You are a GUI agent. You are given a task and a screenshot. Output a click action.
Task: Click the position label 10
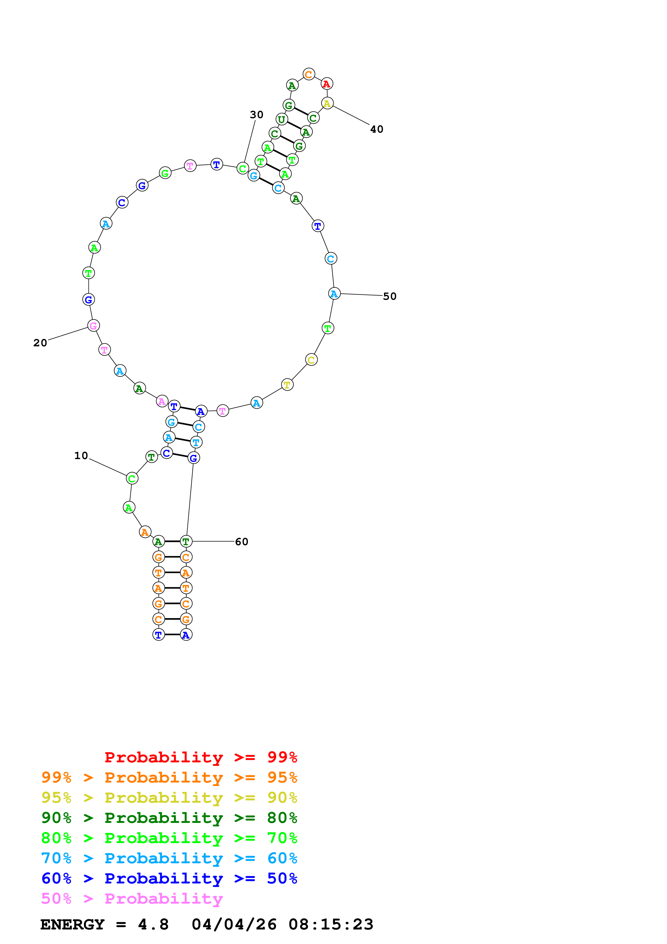[81, 456]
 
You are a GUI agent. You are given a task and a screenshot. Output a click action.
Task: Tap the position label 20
[40, 343]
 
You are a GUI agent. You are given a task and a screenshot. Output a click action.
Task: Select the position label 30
[256, 115]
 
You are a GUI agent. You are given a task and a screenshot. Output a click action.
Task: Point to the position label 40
[376, 129]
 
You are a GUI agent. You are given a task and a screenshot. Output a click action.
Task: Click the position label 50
[390, 297]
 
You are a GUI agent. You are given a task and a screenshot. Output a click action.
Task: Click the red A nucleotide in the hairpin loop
[327, 84]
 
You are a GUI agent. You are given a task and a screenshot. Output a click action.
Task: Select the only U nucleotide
[281, 119]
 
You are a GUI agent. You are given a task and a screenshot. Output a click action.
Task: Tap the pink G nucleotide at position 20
[94, 326]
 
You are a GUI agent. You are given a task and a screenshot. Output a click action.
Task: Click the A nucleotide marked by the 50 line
[334, 294]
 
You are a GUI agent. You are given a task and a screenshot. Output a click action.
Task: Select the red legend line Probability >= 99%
[200, 757]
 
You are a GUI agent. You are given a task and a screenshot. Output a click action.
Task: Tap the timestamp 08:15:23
[331, 924]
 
